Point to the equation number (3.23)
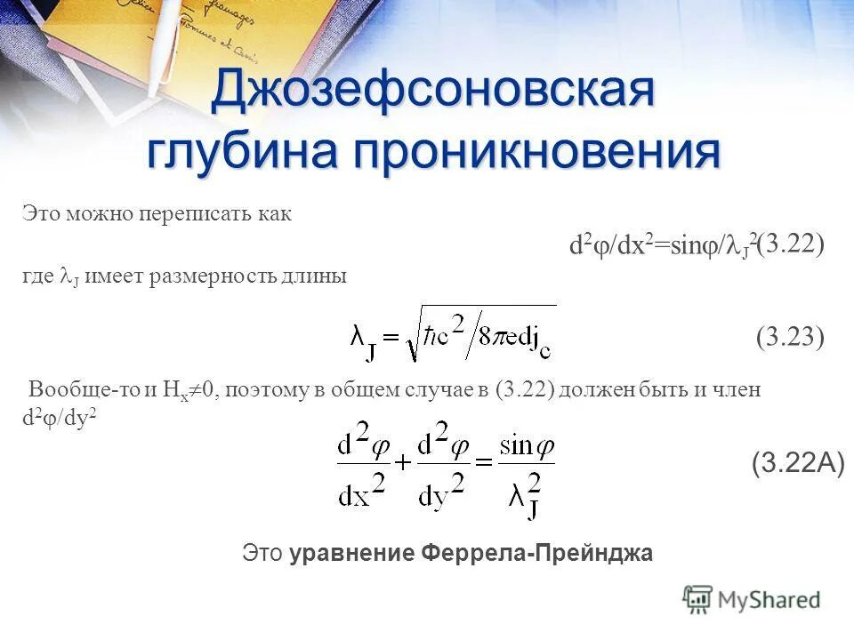click(791, 337)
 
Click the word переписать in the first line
click(187, 215)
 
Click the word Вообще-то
click(75, 390)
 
